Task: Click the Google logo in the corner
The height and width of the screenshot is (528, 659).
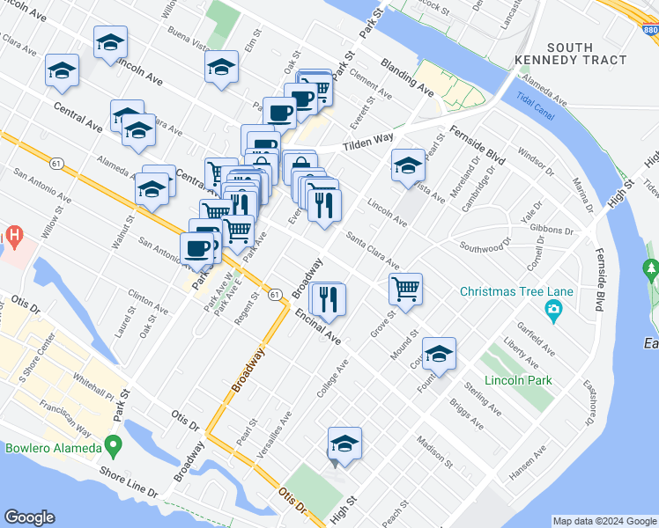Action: point(30,517)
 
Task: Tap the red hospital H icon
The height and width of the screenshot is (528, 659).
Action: point(13,236)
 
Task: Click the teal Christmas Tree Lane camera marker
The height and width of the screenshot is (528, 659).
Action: point(552,308)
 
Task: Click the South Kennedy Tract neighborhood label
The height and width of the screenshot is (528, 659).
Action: point(586,53)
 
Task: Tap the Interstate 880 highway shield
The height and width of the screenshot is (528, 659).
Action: point(648,30)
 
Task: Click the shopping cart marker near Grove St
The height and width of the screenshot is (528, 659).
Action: point(405,288)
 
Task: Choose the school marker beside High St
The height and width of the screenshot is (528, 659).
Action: point(344,442)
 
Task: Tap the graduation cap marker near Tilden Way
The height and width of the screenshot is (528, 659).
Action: point(408,165)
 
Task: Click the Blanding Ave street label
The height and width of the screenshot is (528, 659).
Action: point(407,77)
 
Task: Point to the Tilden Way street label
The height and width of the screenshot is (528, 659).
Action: point(367,139)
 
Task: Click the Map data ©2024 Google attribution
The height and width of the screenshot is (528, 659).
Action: point(603,521)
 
